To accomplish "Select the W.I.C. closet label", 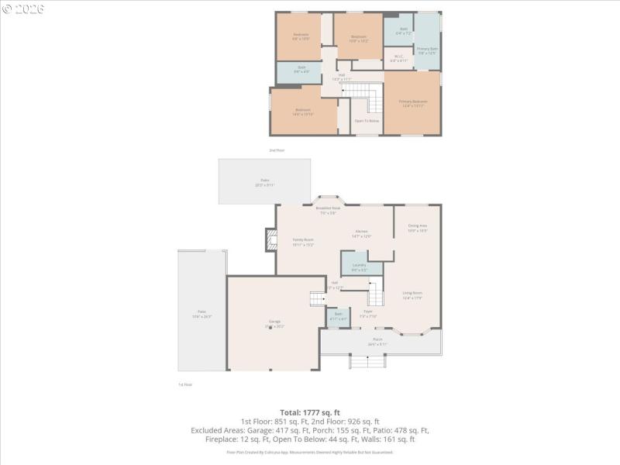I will (398, 57).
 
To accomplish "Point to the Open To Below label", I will (367, 121).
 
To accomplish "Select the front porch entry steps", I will (367, 362).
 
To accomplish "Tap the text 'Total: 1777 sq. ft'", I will (310, 412).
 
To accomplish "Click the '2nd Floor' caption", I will (277, 150).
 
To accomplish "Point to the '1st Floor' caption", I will (185, 384).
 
